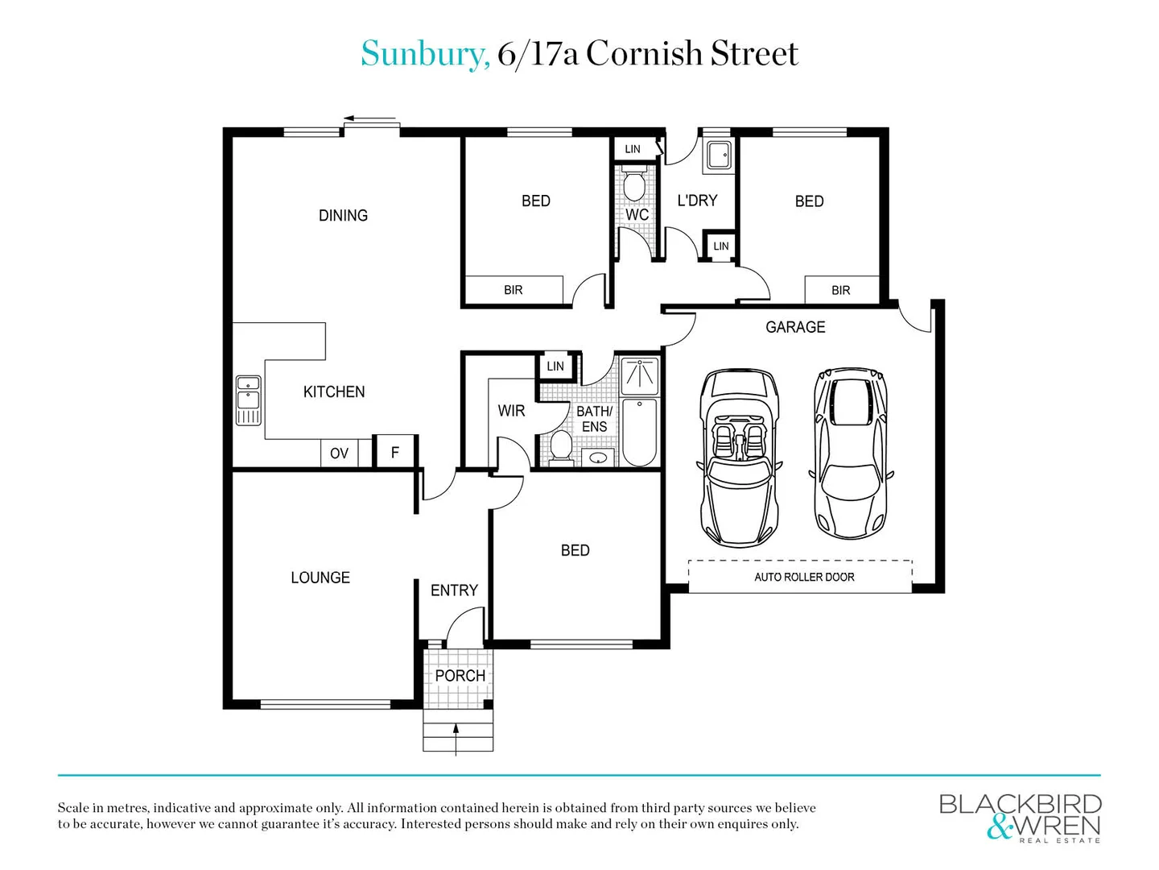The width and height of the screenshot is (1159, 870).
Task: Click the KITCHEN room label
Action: pos(334,392)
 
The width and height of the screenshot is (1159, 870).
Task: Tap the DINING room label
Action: pos(343,216)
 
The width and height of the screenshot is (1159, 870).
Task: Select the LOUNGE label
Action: pos(320,578)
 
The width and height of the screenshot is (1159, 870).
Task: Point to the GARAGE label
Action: pos(795,327)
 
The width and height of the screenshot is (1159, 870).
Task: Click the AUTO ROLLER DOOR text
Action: pos(804,577)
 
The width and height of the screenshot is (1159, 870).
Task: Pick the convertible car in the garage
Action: pos(739,458)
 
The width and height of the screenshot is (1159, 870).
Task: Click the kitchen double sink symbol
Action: pos(248,400)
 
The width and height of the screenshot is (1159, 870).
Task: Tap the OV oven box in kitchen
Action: pos(339,454)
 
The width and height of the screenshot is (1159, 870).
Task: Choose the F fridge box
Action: pos(395,453)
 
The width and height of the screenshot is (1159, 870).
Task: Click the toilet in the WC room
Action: pos(635,184)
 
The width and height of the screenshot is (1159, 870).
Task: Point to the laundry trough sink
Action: pos(719,155)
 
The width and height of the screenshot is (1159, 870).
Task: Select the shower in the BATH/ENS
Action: pos(640,376)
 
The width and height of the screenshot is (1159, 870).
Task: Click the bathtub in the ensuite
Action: pos(640,433)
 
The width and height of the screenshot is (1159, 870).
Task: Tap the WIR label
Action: pos(511,411)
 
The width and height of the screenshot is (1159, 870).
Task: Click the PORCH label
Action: pos(460,676)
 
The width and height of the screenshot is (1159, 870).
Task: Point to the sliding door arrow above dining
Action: pos(371,119)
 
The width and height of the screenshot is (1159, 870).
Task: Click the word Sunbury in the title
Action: pos(424,54)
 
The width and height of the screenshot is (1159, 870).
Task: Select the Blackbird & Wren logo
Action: pos(1020,817)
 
